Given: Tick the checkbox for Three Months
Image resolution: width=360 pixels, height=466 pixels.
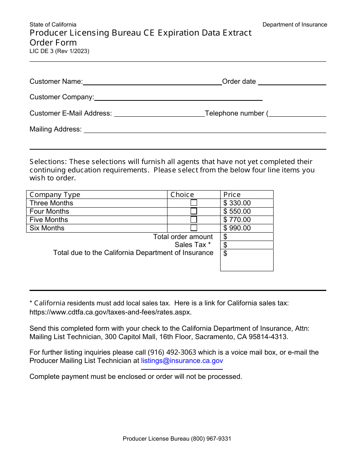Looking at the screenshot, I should [194, 203].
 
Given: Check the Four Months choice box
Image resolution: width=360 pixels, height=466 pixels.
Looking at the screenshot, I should [194, 211].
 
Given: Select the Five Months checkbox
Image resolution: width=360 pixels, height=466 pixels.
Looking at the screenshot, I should [194, 219].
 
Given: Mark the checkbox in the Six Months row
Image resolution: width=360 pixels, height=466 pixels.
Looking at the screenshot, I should [194, 228].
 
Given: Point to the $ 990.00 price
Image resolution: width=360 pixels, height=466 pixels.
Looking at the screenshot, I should [237, 228].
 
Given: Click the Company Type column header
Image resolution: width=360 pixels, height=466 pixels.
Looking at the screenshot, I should [55, 195].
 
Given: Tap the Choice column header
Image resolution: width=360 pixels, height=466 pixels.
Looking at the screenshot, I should [182, 195].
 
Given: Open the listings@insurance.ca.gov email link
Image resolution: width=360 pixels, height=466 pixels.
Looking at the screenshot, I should [182, 361].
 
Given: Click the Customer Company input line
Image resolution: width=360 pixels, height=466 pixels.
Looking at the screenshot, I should [178, 97].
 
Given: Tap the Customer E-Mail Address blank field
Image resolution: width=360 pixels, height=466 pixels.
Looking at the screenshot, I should [159, 114].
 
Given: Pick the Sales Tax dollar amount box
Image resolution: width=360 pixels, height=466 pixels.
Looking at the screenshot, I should [247, 245].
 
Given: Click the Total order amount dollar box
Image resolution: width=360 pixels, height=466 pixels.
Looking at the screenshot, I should [247, 237].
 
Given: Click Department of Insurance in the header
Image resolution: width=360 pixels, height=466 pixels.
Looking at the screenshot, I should [295, 25].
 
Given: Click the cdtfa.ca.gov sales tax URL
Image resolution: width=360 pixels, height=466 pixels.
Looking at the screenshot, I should [111, 312].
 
